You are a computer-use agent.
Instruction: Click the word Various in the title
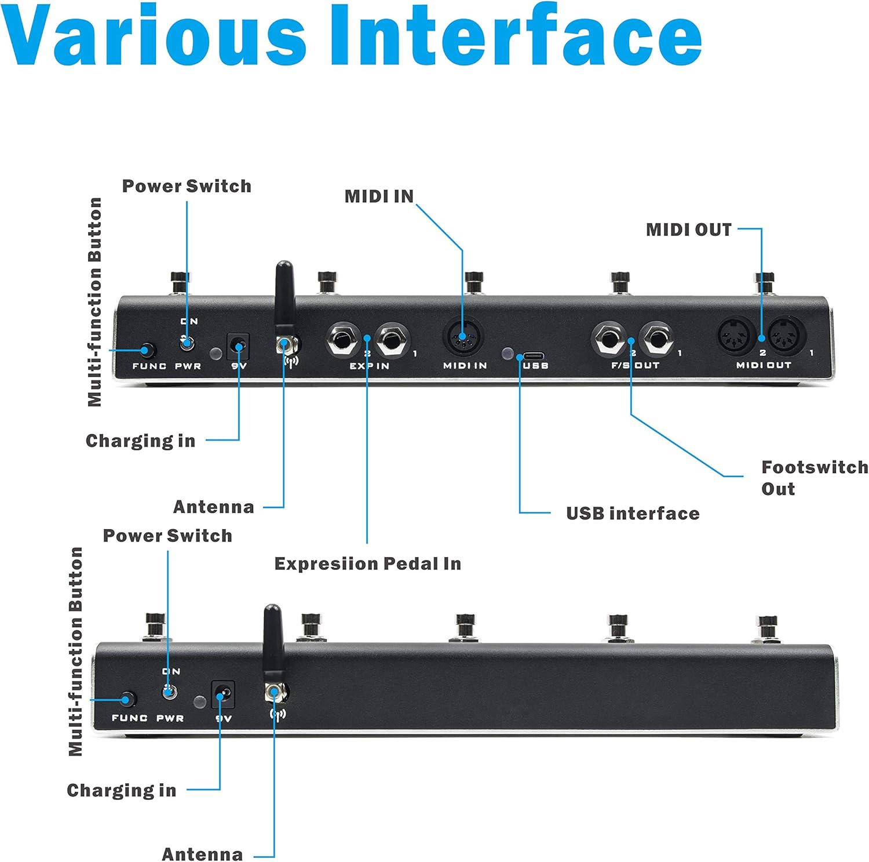[154, 36]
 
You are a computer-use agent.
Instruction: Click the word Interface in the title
[516, 36]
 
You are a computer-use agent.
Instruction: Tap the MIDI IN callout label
[379, 197]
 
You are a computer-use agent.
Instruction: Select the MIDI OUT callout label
[689, 230]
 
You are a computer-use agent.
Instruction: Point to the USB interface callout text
[633, 514]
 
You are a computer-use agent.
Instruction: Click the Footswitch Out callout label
[814, 478]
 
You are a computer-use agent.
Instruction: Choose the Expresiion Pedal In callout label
[367, 564]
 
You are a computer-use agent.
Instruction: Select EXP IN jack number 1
[392, 340]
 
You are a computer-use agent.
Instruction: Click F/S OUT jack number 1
[657, 340]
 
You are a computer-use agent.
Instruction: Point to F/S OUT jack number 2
[608, 340]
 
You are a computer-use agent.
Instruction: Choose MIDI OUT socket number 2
[737, 337]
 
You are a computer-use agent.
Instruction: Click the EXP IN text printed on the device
[370, 366]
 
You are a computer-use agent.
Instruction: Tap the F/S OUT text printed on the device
[636, 366]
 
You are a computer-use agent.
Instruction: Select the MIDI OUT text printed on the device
[764, 365]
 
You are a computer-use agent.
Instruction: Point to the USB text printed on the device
[535, 366]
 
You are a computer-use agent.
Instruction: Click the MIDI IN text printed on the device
[465, 366]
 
